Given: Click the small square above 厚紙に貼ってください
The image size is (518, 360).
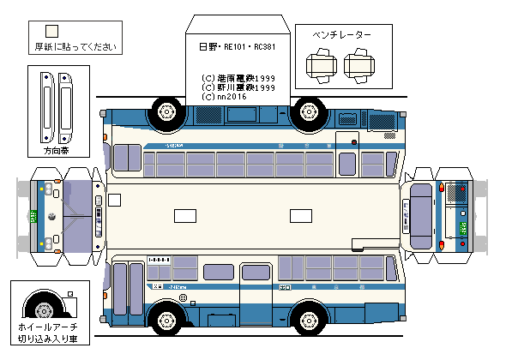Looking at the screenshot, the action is [x=51, y=32].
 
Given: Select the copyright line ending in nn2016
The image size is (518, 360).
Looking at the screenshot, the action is [x=226, y=97].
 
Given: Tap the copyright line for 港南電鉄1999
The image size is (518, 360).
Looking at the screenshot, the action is [x=238, y=77].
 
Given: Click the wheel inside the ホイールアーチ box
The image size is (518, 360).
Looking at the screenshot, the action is [x=41, y=307].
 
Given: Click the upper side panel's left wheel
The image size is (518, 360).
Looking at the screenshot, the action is [x=166, y=112].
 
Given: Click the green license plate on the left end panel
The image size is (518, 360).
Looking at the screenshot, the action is [x=34, y=216].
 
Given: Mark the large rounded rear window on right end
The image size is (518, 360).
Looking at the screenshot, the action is [x=419, y=209].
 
